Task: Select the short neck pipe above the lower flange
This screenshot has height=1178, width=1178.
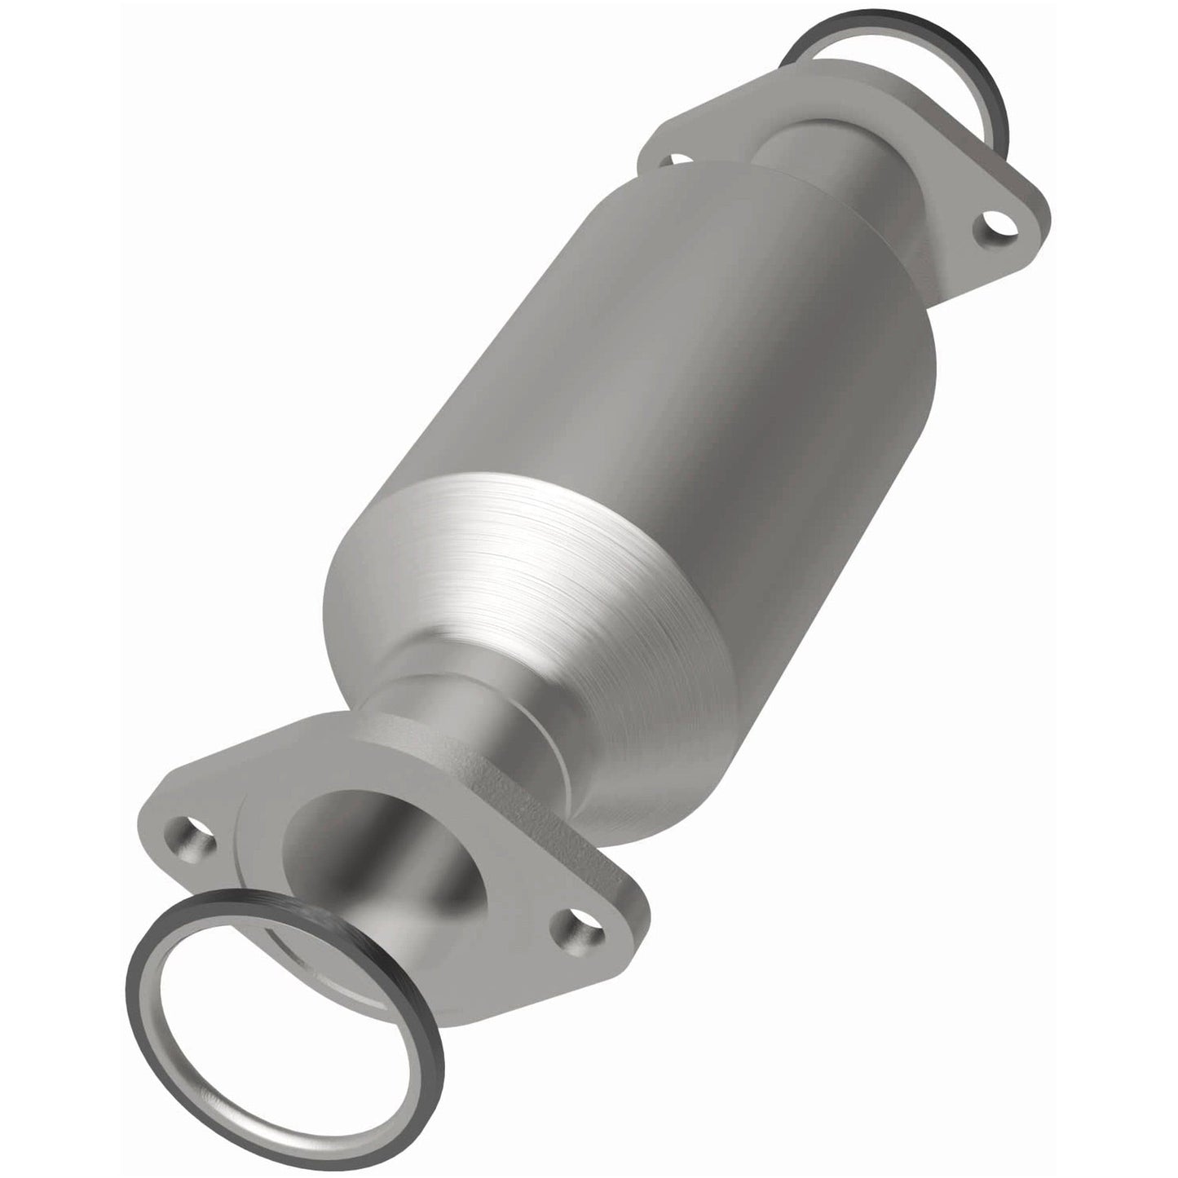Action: click(457, 701)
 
